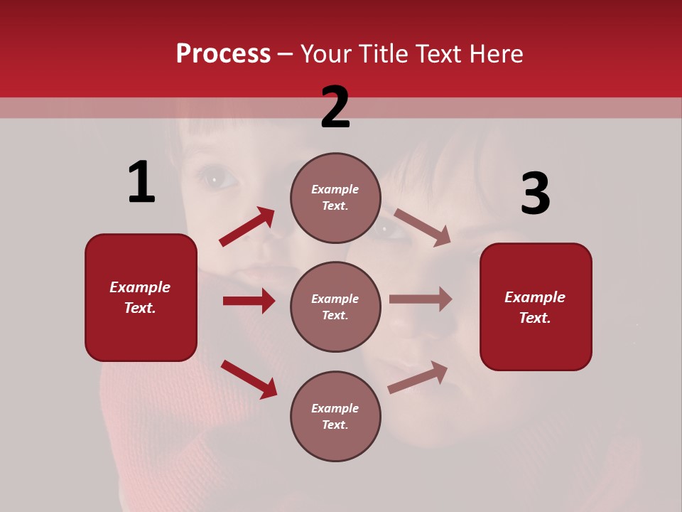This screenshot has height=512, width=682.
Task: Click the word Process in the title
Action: tap(223, 53)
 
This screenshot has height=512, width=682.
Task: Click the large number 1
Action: tap(141, 182)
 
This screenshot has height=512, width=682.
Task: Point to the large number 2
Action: tap(335, 107)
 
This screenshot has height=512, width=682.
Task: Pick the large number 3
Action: tap(535, 194)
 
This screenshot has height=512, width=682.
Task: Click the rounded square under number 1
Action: tap(141, 297)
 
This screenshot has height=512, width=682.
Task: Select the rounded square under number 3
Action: tap(536, 306)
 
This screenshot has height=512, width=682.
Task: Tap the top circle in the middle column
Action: tap(335, 198)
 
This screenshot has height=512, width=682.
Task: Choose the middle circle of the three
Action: tap(335, 306)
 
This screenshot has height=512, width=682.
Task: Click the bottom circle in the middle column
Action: tap(335, 416)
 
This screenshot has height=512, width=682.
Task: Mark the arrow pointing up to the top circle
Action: tap(247, 227)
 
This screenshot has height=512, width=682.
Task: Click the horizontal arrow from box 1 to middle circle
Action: tap(249, 301)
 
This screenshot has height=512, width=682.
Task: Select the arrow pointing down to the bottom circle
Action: tap(249, 379)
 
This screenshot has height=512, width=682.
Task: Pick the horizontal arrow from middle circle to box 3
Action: tap(421, 299)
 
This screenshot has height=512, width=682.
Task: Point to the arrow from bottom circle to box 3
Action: tap(418, 377)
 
